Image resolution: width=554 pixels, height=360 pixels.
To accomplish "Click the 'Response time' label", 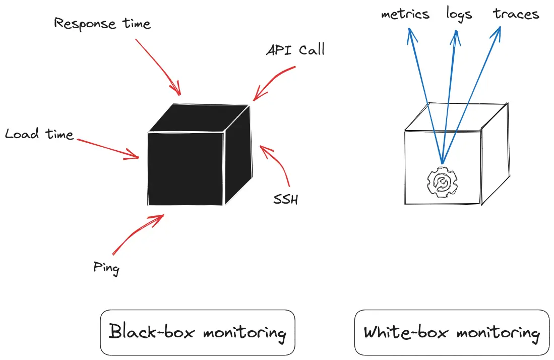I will coord(102,24).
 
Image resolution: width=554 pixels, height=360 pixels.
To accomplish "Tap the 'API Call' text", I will coord(295,50).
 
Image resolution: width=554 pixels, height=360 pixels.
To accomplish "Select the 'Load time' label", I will coord(39,134).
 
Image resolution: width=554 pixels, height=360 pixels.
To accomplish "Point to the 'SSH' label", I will coord(285,200).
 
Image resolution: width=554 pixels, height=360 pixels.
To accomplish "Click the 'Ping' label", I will coord(106,267).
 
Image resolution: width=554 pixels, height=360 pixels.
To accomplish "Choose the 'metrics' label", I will coord(405,14).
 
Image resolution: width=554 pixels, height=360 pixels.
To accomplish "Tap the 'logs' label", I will coord(459,14).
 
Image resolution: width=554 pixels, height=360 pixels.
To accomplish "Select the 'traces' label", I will coord(516,14).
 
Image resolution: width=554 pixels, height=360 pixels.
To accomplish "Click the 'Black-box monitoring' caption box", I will coord(198,333).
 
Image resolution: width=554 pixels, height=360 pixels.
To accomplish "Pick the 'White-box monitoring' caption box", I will coord(452,333).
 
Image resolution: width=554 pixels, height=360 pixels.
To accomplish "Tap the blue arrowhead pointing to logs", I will coord(456,35).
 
